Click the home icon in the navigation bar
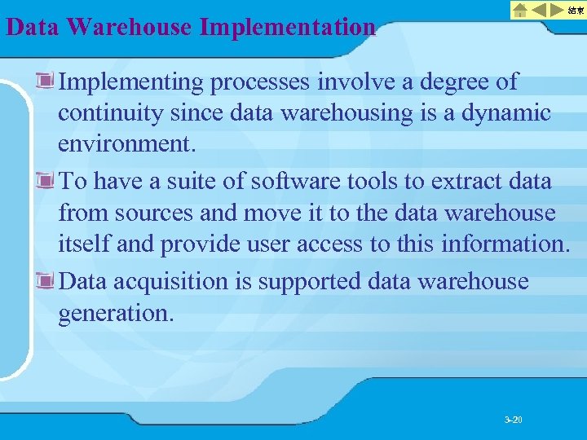[x=519, y=11]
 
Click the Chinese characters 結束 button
[x=576, y=11]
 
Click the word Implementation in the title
[x=287, y=27]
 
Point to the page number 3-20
[x=514, y=420]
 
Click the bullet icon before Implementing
[x=46, y=81]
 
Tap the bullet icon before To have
[x=46, y=180]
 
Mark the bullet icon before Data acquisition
[x=46, y=281]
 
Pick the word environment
[x=125, y=145]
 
